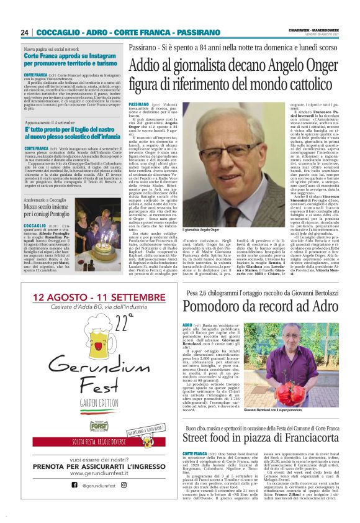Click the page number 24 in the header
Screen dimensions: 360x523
(x=24, y=33)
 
